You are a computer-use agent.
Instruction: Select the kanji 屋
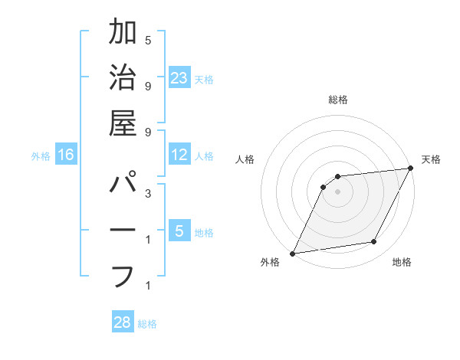click(x=123, y=123)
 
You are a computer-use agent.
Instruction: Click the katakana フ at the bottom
click(x=123, y=276)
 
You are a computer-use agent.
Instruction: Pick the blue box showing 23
click(x=179, y=77)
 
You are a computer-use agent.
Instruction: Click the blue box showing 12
click(x=179, y=155)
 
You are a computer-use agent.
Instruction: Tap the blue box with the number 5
click(x=179, y=231)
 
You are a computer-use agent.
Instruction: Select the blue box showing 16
click(x=66, y=155)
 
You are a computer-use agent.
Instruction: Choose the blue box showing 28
click(x=123, y=322)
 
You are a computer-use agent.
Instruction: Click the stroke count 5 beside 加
click(x=147, y=40)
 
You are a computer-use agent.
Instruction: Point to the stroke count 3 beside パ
click(x=147, y=194)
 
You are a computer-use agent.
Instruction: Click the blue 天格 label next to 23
click(x=204, y=79)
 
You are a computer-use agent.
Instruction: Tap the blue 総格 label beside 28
click(x=147, y=324)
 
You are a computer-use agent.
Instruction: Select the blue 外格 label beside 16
click(x=41, y=156)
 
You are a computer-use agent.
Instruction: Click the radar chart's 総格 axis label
click(x=337, y=100)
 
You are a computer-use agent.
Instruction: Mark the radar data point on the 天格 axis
click(x=411, y=169)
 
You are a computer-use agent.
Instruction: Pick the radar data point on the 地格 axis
click(x=374, y=242)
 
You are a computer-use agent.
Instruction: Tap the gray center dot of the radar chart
click(x=337, y=191)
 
